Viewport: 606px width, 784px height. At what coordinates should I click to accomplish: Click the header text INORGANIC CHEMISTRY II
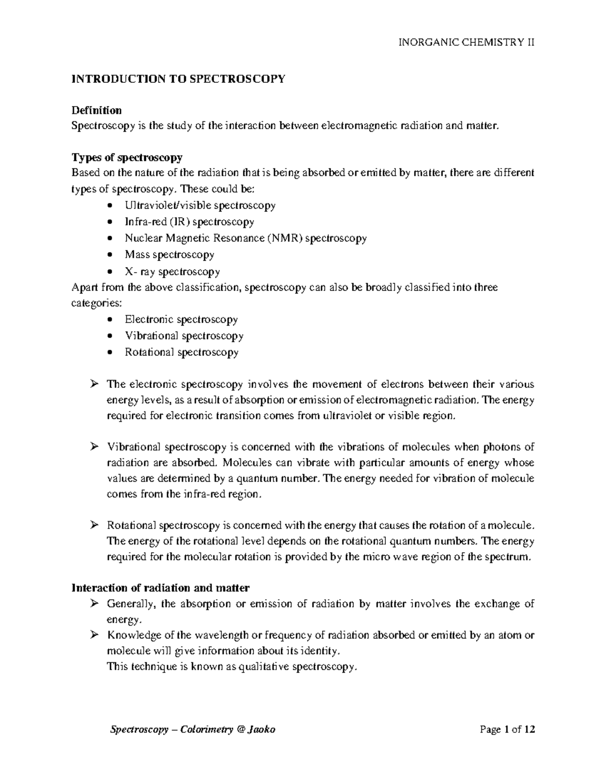click(x=467, y=42)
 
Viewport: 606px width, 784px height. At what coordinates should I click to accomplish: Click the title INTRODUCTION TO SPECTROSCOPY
click(x=179, y=79)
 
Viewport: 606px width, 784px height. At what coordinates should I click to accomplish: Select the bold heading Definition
click(x=96, y=110)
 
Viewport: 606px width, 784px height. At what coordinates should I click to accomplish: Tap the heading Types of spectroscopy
click(x=127, y=158)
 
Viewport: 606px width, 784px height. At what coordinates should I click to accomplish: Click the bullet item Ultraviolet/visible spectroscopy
click(x=200, y=205)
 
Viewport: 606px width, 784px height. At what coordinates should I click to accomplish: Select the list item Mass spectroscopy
click(x=170, y=254)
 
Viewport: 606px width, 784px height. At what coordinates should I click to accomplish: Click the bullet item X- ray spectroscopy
click(x=172, y=272)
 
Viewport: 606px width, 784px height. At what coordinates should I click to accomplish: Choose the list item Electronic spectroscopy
click(x=181, y=320)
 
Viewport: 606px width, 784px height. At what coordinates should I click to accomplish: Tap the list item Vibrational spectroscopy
click(x=184, y=336)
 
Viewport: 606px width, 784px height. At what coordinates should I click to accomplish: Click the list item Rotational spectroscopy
click(x=182, y=352)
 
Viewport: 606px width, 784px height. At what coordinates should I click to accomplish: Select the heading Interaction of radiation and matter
click(x=161, y=588)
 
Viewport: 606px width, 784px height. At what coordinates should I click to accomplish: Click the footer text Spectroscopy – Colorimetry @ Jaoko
click(x=192, y=729)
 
